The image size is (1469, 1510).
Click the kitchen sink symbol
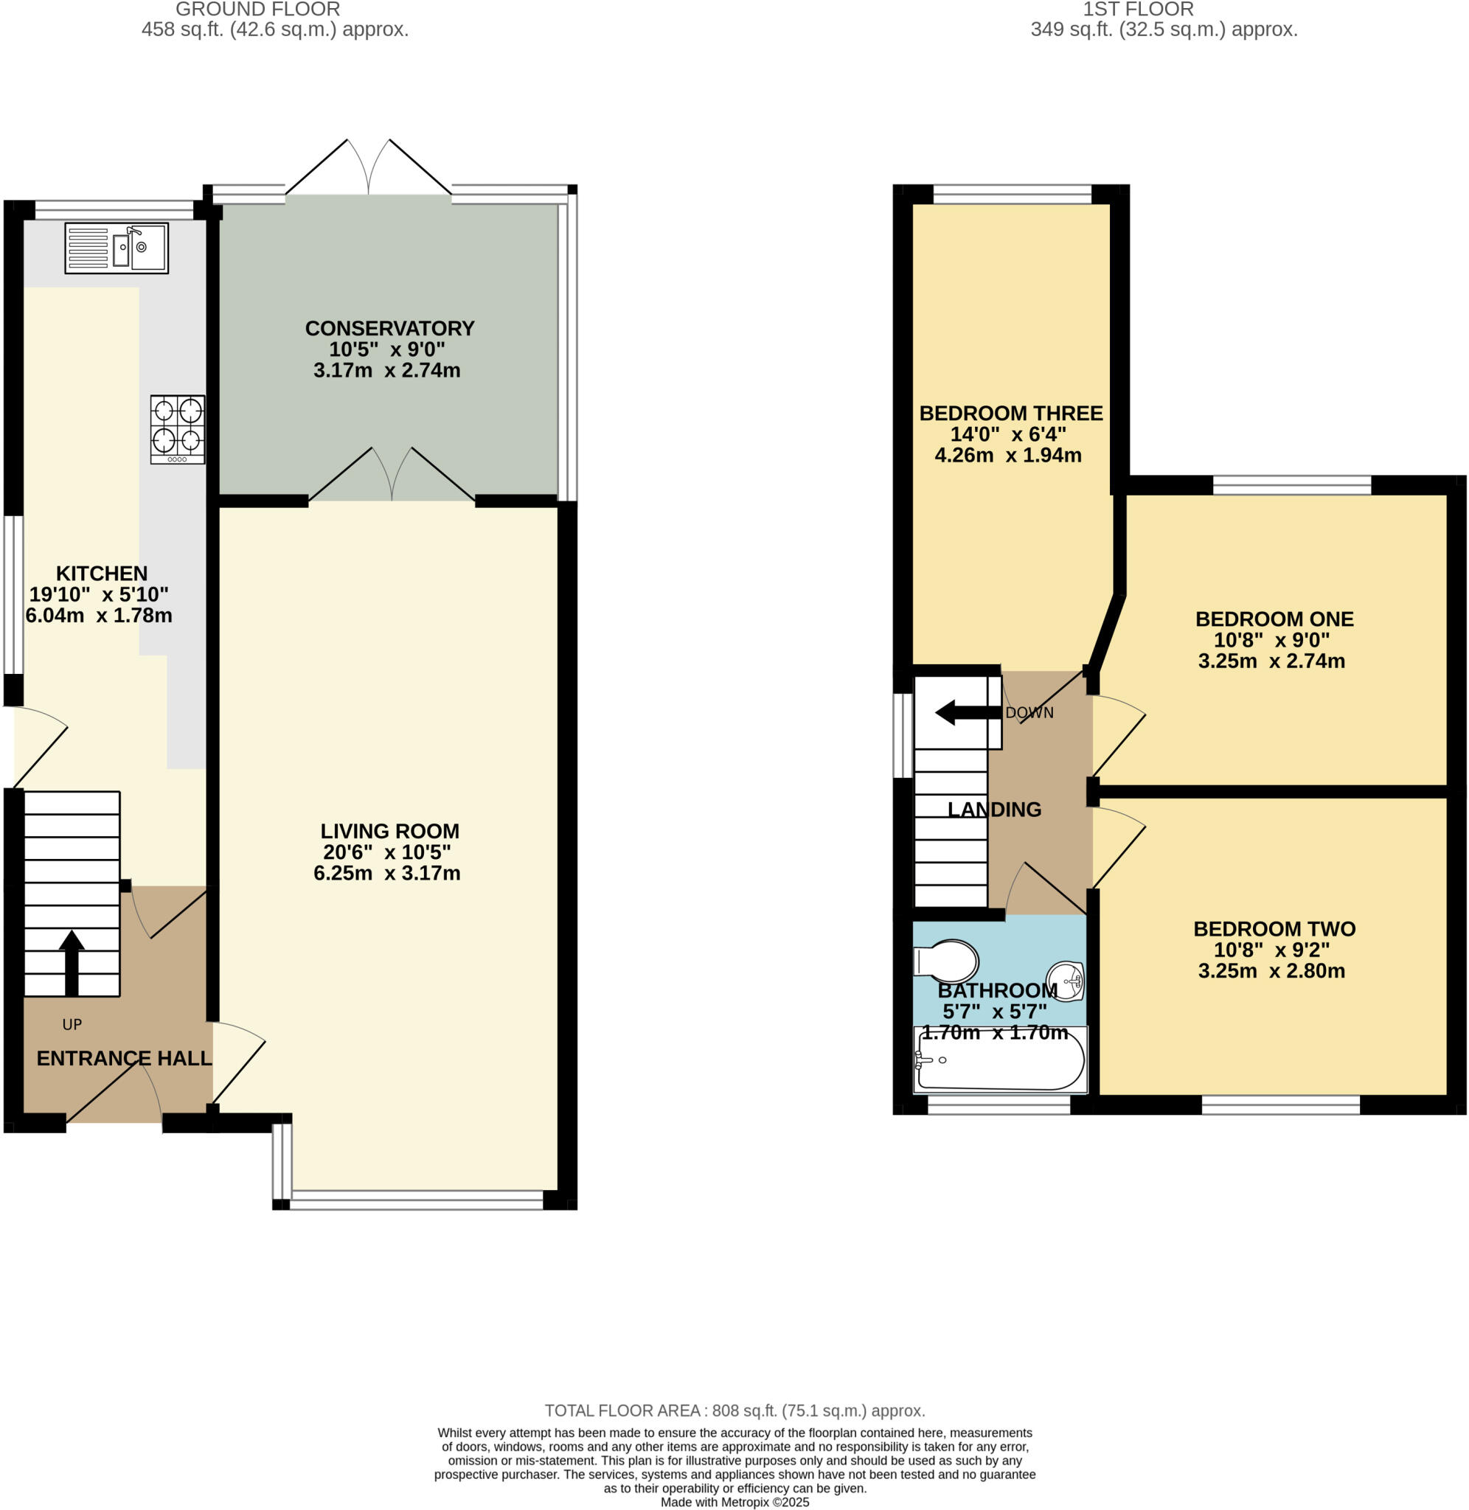pos(117,248)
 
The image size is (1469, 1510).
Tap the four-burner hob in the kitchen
pos(178,429)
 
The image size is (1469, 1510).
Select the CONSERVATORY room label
pos(389,329)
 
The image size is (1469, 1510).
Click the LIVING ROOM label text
pos(389,832)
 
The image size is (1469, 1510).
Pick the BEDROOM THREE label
pos(1011,414)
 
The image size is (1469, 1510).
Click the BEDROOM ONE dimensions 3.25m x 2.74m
pos(1271,661)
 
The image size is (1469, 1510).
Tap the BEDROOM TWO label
pos(1274,929)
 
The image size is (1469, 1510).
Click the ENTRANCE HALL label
pos(124,1059)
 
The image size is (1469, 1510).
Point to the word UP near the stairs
pos(72,1025)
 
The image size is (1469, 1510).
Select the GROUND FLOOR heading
pos(257,10)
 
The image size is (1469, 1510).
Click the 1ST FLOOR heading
pos(1138,10)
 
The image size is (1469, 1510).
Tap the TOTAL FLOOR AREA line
pos(734,1410)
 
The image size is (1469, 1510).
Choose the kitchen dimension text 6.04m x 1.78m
pos(99,616)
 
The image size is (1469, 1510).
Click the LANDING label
pos(995,810)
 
